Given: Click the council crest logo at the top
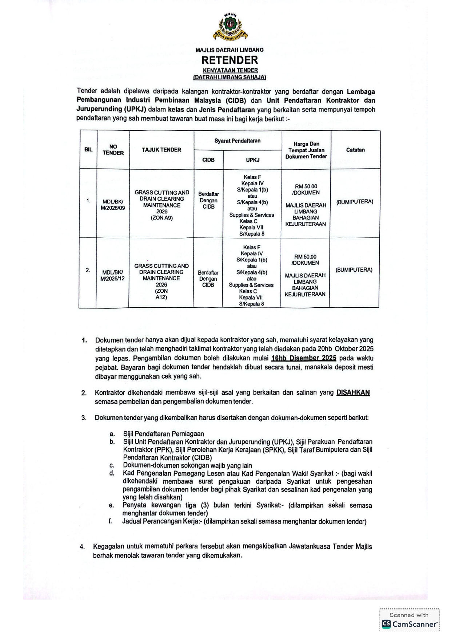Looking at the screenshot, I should pyautogui.click(x=230, y=27).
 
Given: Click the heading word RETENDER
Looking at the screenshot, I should pyautogui.click(x=230, y=60).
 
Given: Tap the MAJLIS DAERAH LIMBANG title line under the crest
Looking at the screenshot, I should pyautogui.click(x=230, y=50).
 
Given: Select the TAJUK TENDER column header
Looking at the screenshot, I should pyautogui.click(x=161, y=150).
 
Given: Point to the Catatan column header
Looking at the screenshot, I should pyautogui.click(x=355, y=150).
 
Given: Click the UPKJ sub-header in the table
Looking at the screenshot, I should pyautogui.click(x=252, y=160).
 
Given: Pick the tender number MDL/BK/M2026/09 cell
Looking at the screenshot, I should pyautogui.click(x=113, y=205).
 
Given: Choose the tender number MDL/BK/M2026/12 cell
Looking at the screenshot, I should pyautogui.click(x=112, y=275).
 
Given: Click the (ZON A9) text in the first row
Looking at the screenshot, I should pyautogui.click(x=161, y=218).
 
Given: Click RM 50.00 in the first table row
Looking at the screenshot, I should pyautogui.click(x=306, y=186).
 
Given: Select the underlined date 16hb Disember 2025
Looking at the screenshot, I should pyautogui.click(x=304, y=358).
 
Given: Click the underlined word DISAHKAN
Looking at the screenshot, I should pyautogui.click(x=353, y=393).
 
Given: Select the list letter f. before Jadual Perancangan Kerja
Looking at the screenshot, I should pyautogui.click(x=110, y=521).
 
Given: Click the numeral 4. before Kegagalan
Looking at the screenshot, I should pyautogui.click(x=83, y=546).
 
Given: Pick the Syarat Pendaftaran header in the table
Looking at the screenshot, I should pyautogui.click(x=237, y=141).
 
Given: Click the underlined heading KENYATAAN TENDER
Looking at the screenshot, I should pyautogui.click(x=230, y=70).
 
